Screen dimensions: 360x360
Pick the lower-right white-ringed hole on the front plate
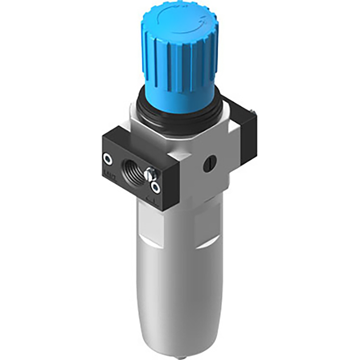(155, 187)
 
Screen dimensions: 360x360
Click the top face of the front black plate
(129, 135)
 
